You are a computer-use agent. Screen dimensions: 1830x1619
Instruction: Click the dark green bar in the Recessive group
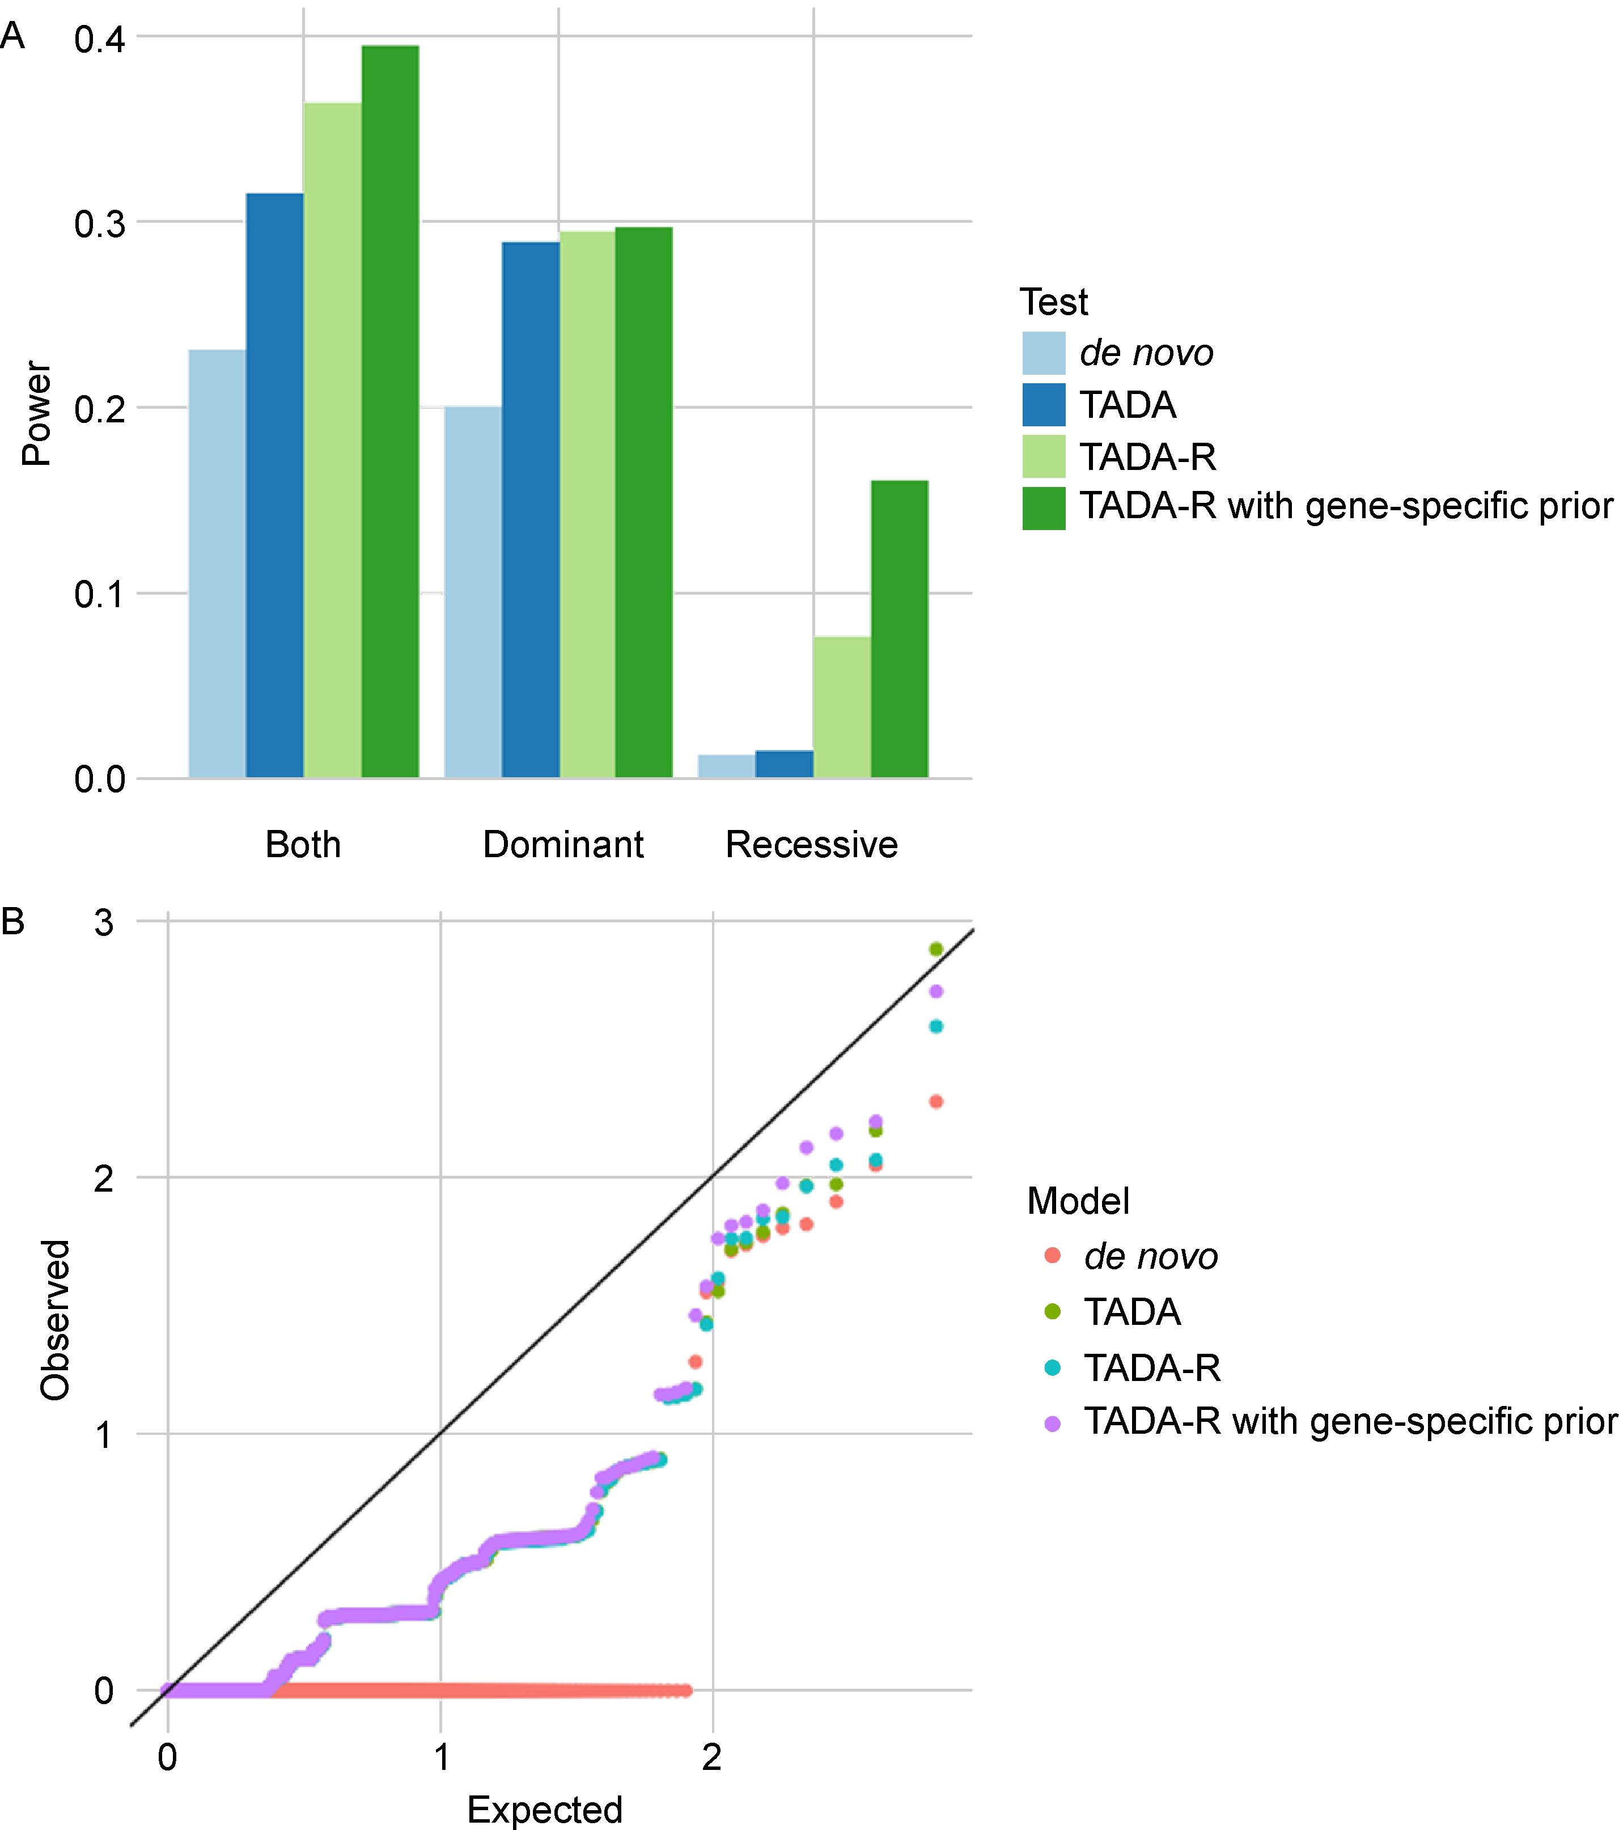899,629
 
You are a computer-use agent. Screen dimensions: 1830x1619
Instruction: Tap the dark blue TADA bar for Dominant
530,510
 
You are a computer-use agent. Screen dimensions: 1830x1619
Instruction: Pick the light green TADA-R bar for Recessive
842,708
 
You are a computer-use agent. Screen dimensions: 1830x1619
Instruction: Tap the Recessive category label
811,844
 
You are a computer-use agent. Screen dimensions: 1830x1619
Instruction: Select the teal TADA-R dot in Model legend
1052,1367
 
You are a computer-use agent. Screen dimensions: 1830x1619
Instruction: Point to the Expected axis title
544,1808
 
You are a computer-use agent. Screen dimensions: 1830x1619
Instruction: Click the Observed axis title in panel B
56,1320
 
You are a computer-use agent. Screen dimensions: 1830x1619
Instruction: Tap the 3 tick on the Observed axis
104,922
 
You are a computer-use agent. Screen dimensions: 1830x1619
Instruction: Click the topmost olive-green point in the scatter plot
936,949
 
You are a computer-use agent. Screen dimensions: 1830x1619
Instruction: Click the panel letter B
12,920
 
